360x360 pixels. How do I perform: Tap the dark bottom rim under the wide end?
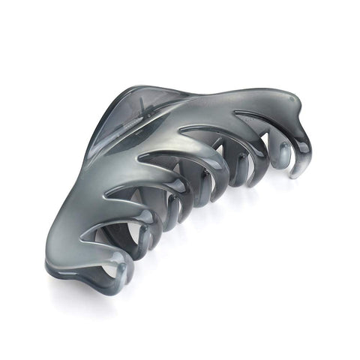(82, 274)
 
